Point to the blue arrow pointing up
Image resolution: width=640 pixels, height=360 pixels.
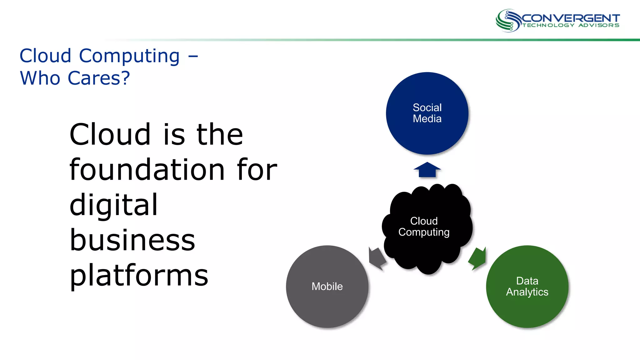(427, 170)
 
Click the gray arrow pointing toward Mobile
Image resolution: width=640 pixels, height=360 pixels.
(377, 258)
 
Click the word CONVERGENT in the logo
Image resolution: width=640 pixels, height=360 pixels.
(571, 18)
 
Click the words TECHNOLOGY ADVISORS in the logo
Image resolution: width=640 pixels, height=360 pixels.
(571, 25)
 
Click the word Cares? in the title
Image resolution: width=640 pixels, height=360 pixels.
(98, 78)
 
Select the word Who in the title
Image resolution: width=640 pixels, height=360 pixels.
(40, 78)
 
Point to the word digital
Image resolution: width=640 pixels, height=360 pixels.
(113, 206)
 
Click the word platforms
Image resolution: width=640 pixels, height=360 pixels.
(139, 276)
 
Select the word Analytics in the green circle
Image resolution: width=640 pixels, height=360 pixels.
(527, 292)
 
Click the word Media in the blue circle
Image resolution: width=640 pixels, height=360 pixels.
(427, 119)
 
